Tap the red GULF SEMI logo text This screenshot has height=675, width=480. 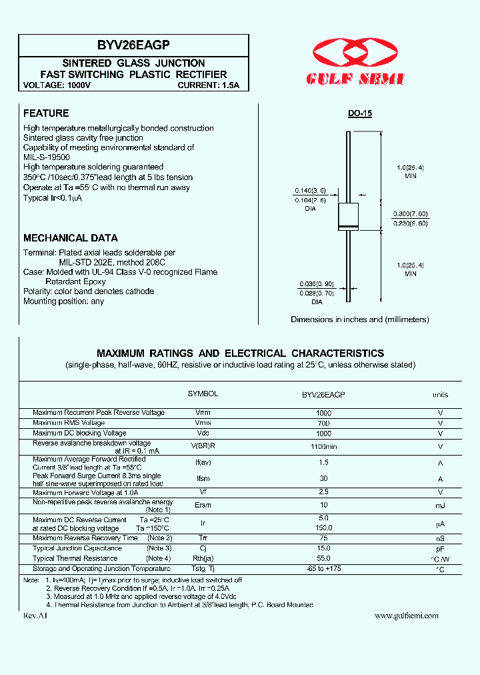tap(355, 79)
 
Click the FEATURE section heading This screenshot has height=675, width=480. tap(46, 113)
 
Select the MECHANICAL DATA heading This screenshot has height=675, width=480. tap(71, 238)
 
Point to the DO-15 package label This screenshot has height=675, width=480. tap(359, 114)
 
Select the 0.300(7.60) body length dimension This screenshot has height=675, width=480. tap(411, 213)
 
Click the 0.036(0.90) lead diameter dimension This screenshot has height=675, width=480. tap(316, 283)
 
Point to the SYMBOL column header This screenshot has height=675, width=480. tap(203, 394)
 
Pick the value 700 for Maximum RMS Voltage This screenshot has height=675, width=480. tap(323, 423)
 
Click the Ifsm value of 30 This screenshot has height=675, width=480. tap(323, 478)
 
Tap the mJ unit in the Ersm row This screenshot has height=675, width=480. tap(440, 506)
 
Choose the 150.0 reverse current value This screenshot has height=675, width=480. tap(323, 528)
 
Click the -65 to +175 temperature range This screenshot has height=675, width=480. tap(323, 568)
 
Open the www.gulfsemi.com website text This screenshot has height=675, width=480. tap(407, 616)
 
